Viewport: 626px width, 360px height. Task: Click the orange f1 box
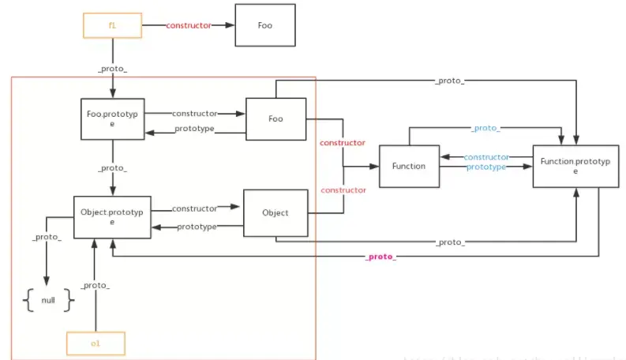pos(111,25)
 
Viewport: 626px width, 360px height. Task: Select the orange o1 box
pos(96,343)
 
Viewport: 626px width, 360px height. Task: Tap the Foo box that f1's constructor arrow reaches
pos(265,25)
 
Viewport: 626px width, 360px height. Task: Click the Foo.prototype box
pos(111,119)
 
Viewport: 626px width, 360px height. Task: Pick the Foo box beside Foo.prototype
pos(276,119)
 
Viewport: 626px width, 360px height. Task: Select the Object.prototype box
pos(111,216)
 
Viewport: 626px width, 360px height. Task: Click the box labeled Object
pos(276,212)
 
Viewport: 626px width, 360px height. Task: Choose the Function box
pos(408,166)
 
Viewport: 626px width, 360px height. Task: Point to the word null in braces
pos(48,301)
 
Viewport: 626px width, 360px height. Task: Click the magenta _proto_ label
pos(380,257)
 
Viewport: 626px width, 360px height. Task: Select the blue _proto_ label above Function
pos(485,128)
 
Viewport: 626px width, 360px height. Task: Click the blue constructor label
pos(486,157)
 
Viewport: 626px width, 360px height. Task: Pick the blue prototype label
pos(486,167)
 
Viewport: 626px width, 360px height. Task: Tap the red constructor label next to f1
pos(189,25)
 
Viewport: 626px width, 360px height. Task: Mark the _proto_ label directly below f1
pos(112,69)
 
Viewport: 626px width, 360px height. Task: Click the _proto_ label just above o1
pos(96,285)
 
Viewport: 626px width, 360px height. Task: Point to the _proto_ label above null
pos(47,237)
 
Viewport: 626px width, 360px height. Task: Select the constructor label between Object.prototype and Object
pos(194,208)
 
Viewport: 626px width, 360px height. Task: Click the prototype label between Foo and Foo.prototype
pos(194,129)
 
